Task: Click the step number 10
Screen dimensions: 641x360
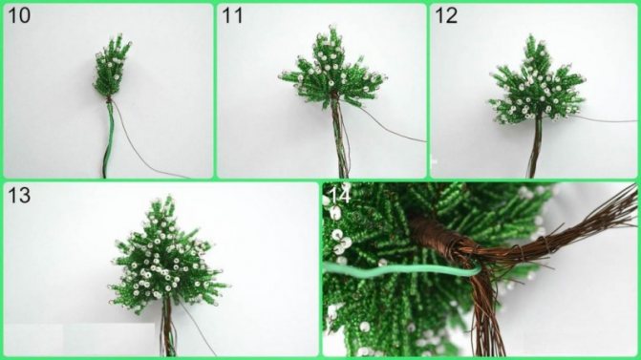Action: tap(19, 16)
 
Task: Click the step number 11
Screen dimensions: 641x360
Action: tap(232, 16)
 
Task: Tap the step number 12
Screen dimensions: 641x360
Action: tap(446, 16)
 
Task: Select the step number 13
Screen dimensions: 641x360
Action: tap(19, 196)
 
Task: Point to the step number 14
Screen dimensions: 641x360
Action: tap(340, 195)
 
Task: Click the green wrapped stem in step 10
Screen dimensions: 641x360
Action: tap(108, 138)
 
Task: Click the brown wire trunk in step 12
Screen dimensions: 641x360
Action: tap(535, 147)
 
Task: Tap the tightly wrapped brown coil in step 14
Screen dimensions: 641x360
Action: tap(436, 236)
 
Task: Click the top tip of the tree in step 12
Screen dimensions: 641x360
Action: tap(531, 35)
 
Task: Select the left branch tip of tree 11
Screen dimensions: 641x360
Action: tap(281, 75)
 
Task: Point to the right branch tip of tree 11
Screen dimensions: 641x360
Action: tap(385, 76)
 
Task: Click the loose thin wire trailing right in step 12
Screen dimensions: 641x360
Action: tap(605, 119)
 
